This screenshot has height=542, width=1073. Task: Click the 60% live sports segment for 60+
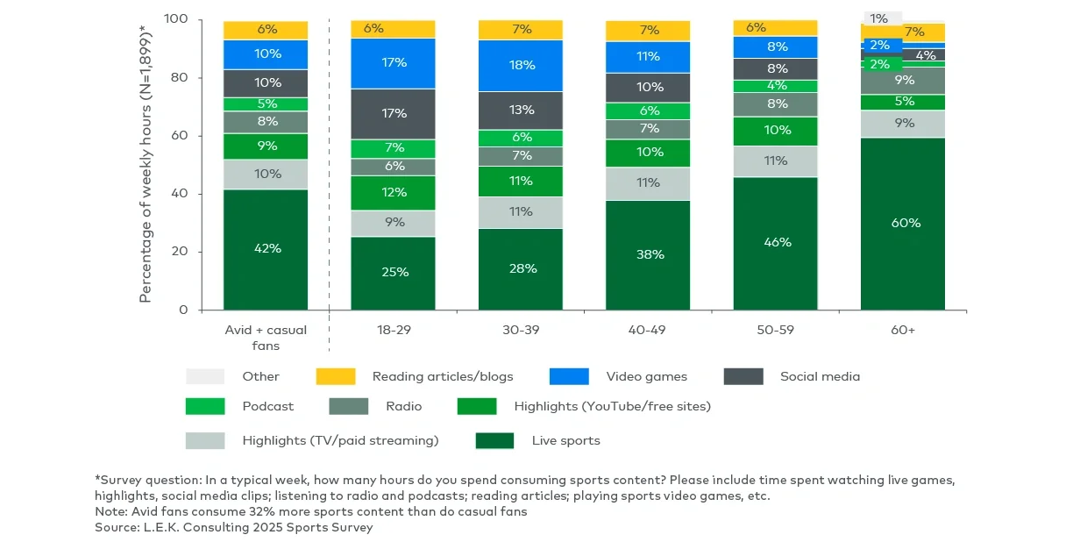pyautogui.click(x=903, y=224)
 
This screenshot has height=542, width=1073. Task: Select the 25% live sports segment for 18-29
pyautogui.click(x=393, y=272)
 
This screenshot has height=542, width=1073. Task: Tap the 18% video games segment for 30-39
pyautogui.click(x=521, y=66)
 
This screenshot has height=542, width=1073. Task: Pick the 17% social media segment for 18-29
pyautogui.click(x=393, y=114)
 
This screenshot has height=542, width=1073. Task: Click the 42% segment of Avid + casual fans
pyautogui.click(x=266, y=248)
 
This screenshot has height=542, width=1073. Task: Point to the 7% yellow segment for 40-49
pyautogui.click(x=648, y=31)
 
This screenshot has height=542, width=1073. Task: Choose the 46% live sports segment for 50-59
pyautogui.click(x=775, y=243)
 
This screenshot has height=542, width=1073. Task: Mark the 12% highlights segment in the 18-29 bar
pyautogui.click(x=393, y=193)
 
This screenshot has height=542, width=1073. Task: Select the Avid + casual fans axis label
pyautogui.click(x=266, y=337)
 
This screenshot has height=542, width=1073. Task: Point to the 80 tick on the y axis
pyautogui.click(x=181, y=78)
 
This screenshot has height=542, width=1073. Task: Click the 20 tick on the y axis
pyautogui.click(x=181, y=252)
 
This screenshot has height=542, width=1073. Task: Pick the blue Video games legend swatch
pyautogui.click(x=569, y=376)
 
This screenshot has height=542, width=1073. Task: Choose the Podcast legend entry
pyautogui.click(x=267, y=406)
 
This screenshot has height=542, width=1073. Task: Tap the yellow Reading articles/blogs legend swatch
pyautogui.click(x=336, y=376)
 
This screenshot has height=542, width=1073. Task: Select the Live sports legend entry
pyautogui.click(x=565, y=440)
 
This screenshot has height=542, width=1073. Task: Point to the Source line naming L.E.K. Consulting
pyautogui.click(x=233, y=527)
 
